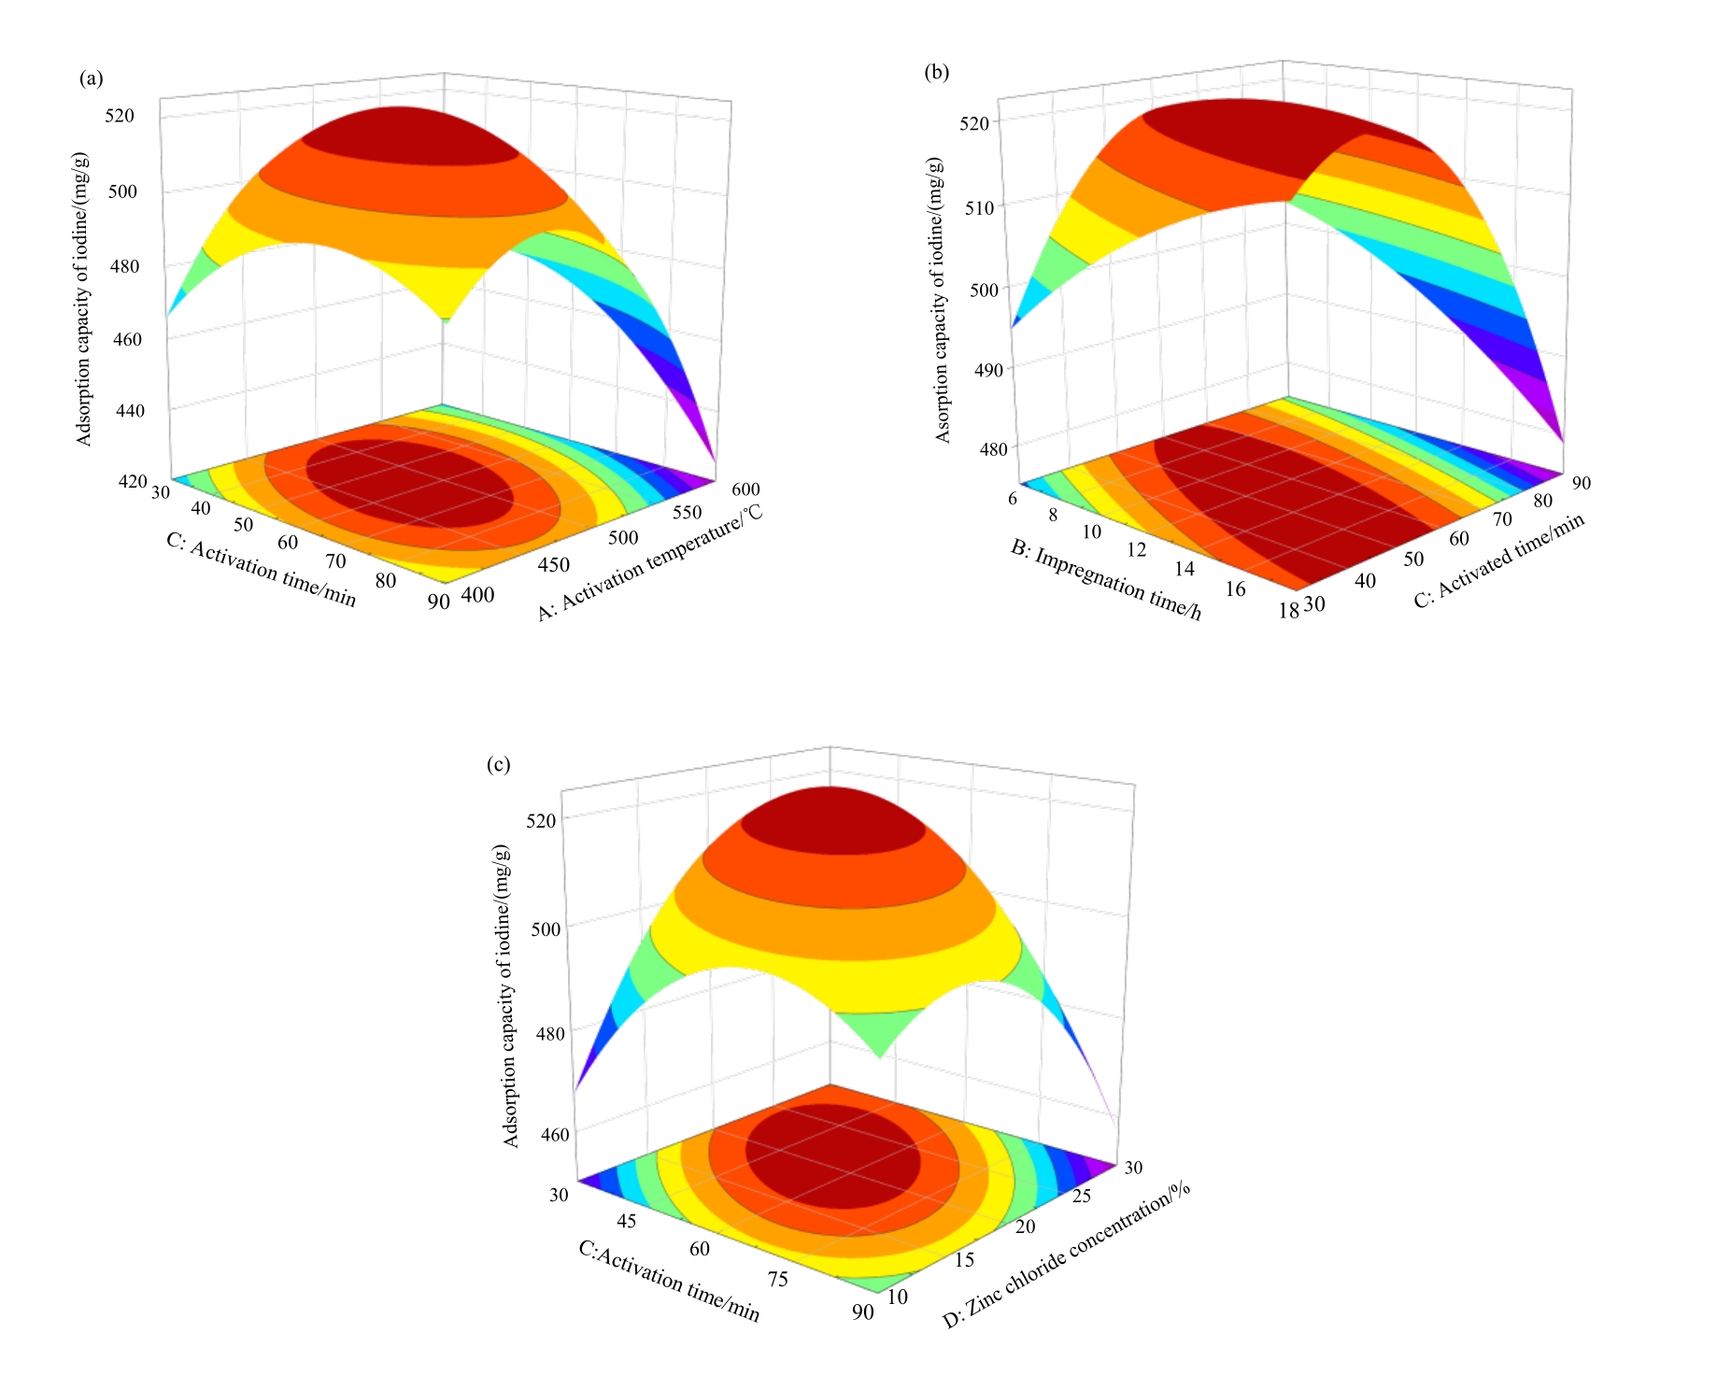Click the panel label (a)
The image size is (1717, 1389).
[92, 78]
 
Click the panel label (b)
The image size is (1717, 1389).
[936, 72]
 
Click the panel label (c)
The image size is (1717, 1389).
[498, 765]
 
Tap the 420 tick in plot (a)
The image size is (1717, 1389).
[132, 482]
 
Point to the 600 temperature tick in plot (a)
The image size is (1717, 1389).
[746, 489]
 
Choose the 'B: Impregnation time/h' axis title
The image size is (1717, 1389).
[1106, 580]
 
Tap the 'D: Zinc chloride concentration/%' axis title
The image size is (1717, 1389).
[1065, 1255]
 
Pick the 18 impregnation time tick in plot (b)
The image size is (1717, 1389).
[1288, 611]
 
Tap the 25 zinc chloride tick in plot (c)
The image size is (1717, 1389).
[1081, 1196]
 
